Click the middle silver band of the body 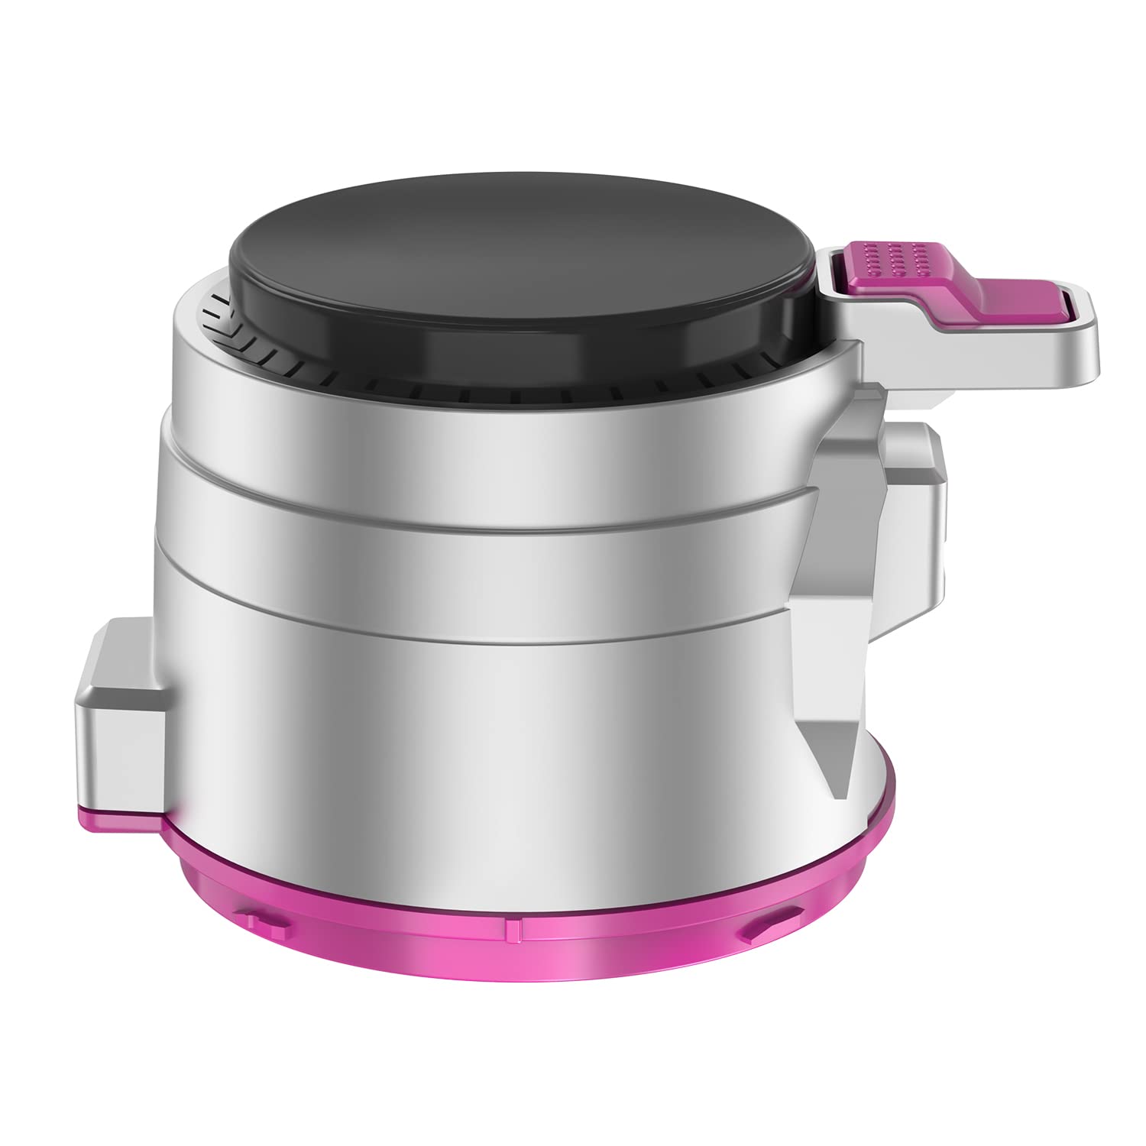(474, 527)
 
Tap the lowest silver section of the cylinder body (474, 733)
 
